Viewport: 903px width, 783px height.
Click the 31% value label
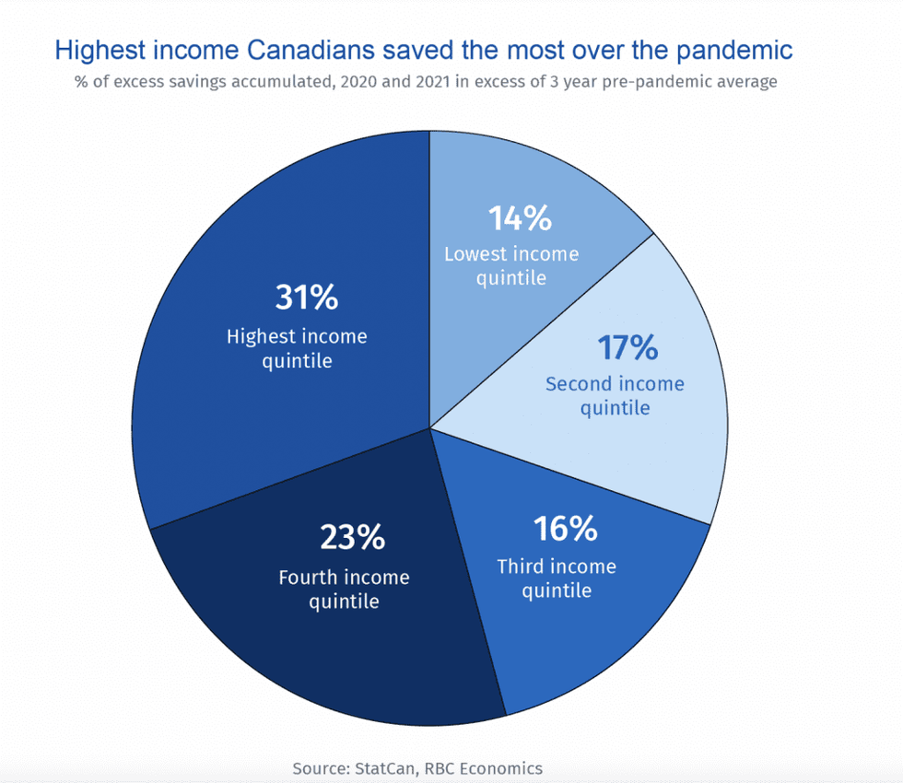click(307, 298)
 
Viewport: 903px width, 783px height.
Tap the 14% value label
click(520, 218)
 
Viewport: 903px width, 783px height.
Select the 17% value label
click(627, 348)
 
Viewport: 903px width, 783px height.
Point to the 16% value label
click(565, 530)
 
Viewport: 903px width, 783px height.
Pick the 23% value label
click(352, 537)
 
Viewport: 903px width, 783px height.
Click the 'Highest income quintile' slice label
click(297, 348)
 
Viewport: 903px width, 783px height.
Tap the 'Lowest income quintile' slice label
click(511, 265)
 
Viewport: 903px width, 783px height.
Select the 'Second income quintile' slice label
click(615, 395)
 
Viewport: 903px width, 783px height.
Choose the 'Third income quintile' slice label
click(557, 578)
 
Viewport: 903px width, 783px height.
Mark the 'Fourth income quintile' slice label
click(344, 590)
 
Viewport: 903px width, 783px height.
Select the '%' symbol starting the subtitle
click(81, 81)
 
